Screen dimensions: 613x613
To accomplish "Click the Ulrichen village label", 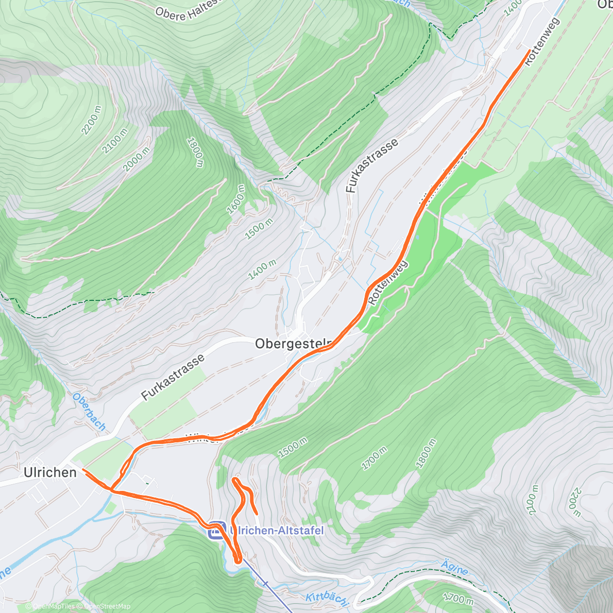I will click(x=50, y=473).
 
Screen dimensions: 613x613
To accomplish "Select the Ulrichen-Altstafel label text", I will click(x=277, y=530).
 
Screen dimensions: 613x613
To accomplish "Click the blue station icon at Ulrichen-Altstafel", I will click(x=216, y=531).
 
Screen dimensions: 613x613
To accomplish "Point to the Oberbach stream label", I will click(x=89, y=412).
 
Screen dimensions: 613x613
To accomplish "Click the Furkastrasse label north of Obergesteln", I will click(x=371, y=166).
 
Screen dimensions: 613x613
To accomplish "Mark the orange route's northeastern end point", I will click(x=529, y=50).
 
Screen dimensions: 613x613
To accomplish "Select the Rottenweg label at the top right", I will click(x=542, y=41).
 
